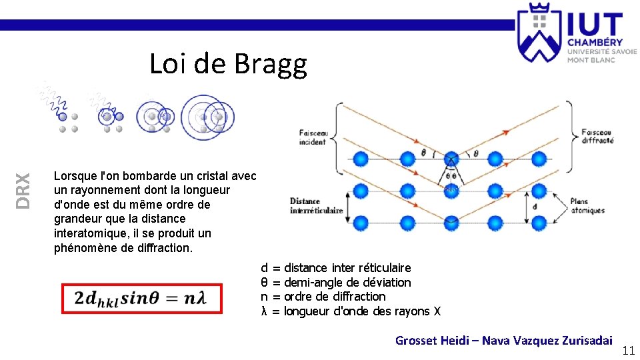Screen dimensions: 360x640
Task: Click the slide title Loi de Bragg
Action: pos(228,64)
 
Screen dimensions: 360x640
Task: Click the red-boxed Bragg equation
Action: pos(141,298)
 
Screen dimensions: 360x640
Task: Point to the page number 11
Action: pos(628,351)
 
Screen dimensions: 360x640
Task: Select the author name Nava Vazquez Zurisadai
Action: pos(547,341)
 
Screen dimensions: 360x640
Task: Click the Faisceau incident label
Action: pos(312,137)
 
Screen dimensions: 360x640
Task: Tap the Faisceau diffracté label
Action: pos(597,136)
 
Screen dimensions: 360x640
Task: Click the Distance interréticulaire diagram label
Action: pos(316,205)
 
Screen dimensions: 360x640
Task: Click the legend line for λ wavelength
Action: pos(351,311)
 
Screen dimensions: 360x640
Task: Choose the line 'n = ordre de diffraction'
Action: pos(323,297)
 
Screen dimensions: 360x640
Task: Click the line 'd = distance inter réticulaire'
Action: pos(335,268)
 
